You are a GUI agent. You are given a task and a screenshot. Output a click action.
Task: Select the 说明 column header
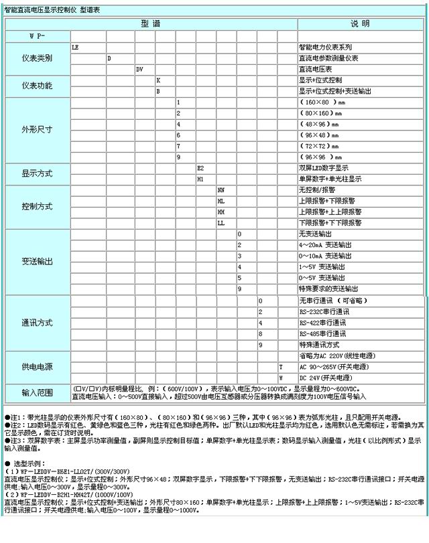360,23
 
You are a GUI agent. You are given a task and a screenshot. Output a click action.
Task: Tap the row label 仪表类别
37,58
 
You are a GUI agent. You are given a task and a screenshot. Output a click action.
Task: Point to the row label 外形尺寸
37,129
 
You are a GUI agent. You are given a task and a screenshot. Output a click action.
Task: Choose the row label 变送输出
37,260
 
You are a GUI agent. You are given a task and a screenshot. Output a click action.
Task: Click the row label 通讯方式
37,322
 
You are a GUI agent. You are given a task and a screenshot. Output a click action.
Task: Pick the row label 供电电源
37,367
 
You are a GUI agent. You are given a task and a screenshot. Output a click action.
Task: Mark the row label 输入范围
37,392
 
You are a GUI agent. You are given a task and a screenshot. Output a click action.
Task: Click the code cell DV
139,69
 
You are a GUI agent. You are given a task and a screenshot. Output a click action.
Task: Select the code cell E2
200,167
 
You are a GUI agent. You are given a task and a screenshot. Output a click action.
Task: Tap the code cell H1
200,179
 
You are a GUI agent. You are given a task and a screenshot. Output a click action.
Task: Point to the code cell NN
221,190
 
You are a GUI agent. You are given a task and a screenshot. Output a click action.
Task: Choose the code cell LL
221,222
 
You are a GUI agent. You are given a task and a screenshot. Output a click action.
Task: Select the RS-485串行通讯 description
324,333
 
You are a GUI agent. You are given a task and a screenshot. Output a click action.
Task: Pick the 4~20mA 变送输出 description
325,245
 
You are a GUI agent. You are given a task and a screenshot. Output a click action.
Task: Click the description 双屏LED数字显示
324,167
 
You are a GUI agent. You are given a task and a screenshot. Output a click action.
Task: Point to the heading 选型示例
27,463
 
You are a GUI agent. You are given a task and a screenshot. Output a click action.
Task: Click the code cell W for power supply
281,378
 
